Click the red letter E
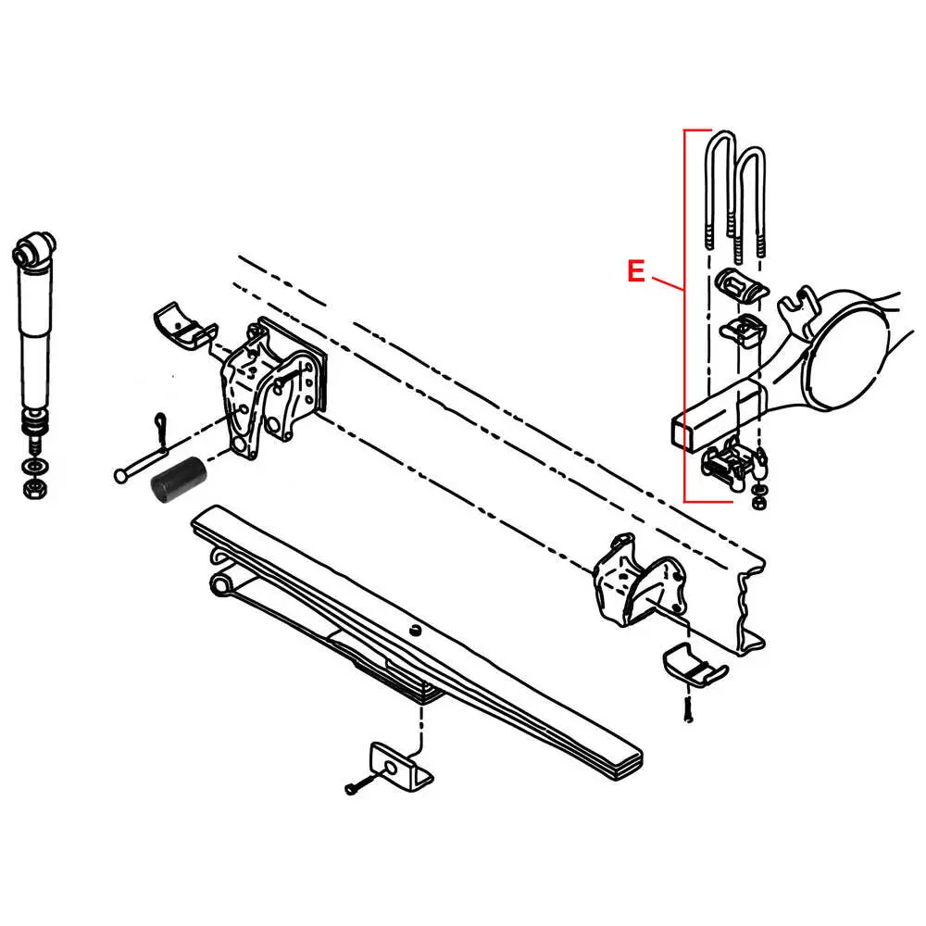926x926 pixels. click(635, 271)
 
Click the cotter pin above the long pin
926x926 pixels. click(159, 427)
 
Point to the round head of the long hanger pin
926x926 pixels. click(119, 475)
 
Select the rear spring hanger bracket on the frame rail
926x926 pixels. click(638, 579)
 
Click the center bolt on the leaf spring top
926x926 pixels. click(417, 632)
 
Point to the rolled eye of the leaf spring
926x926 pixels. click(221, 582)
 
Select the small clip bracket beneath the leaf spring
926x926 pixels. click(401, 766)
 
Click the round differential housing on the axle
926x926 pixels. click(846, 348)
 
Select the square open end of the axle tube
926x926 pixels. click(684, 432)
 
